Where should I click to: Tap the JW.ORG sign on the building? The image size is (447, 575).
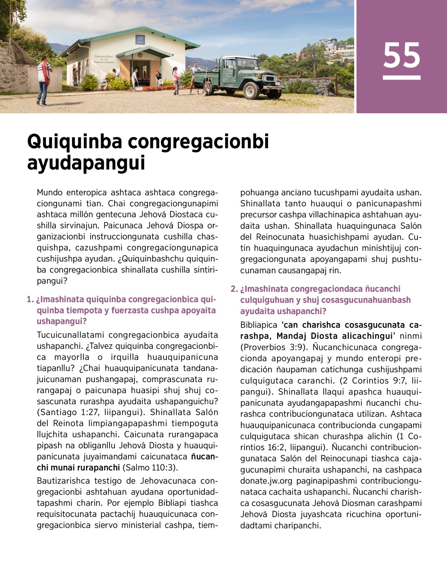tap(140, 40)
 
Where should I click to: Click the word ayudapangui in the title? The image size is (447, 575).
tap(86, 163)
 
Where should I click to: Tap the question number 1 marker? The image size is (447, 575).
tap(30, 300)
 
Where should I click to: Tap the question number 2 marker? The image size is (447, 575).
tap(234, 289)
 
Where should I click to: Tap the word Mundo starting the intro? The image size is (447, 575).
tap(50, 193)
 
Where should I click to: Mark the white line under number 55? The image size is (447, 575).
tap(402, 78)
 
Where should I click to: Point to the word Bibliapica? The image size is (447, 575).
tap(259, 325)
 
